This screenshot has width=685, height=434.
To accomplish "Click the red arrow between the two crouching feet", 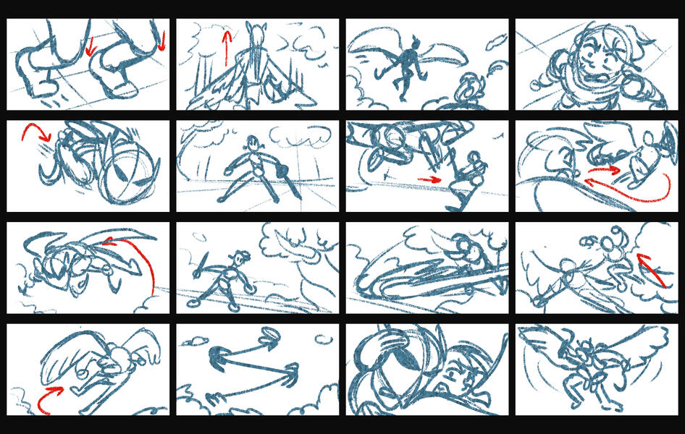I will (x=89, y=46).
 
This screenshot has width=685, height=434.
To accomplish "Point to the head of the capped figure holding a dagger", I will (x=241, y=257).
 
